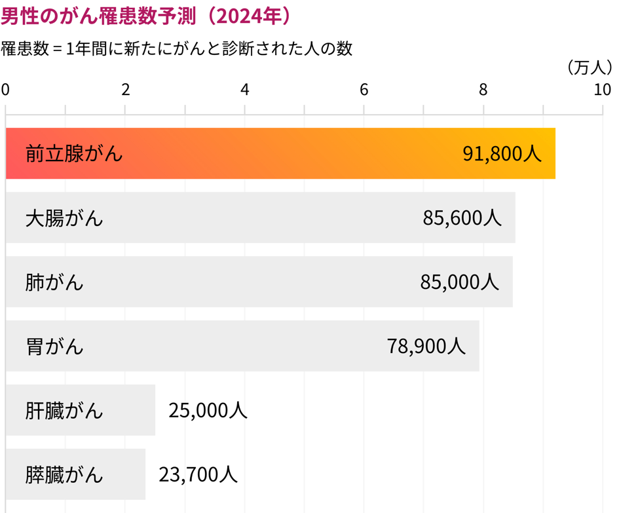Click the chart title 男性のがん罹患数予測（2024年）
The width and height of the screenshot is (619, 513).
146,16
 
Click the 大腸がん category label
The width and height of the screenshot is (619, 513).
64,218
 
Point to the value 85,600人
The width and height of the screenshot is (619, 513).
462,218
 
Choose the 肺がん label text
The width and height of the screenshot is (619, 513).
54,282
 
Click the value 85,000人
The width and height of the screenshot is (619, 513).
459,282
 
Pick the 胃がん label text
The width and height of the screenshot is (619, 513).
54,346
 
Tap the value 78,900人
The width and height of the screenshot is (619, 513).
426,346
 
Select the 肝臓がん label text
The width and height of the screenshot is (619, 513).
64,410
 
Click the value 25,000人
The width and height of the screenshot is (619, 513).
208,410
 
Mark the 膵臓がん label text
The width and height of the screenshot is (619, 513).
64,474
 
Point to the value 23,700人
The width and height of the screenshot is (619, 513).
198,474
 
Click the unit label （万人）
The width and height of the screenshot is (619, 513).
589,67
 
